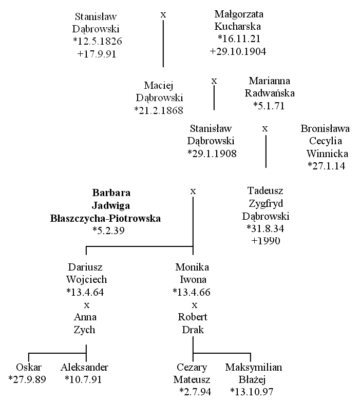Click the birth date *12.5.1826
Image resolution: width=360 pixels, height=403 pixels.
click(98, 41)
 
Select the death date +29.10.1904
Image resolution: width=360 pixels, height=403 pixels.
click(238, 51)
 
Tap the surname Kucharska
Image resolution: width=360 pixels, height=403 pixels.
click(238, 26)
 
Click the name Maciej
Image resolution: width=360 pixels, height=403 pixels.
click(158, 86)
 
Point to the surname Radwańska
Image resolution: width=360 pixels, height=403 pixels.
click(270, 93)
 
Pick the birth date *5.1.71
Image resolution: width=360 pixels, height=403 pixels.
click(269, 106)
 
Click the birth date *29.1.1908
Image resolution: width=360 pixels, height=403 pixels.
click(212, 153)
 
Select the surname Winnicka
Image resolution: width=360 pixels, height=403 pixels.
click(327, 153)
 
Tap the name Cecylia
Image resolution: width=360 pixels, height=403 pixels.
click(326, 141)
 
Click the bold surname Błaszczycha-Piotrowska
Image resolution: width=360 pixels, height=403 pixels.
click(105, 218)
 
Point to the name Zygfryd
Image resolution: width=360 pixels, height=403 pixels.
click(266, 204)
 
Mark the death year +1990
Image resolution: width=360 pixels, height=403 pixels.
click(266, 241)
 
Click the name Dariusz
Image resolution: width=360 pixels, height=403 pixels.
click(85, 267)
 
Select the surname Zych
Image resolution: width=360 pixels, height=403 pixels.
click(84, 330)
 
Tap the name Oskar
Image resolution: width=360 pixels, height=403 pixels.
click(29, 367)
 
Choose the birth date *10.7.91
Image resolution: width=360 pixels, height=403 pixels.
click(83, 379)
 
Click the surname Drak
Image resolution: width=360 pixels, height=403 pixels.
click(193, 330)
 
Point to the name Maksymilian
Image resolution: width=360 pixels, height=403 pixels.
click(254, 367)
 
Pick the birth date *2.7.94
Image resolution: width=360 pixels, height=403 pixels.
click(195, 392)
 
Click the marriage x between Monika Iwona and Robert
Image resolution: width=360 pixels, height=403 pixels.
click(195, 305)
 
